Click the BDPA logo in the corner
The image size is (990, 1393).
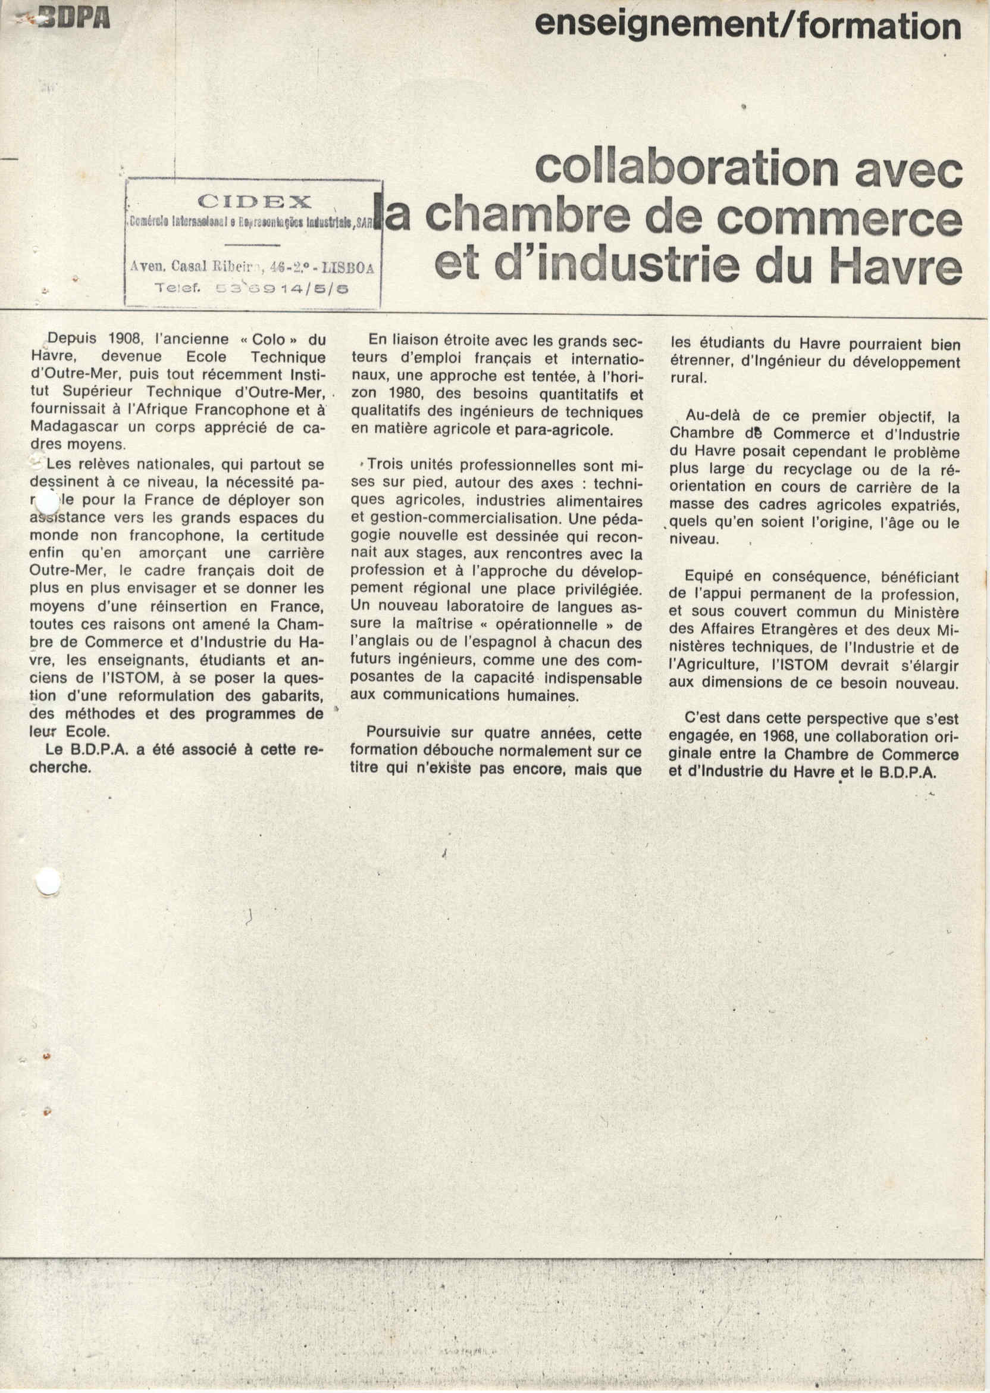pyautogui.click(x=74, y=20)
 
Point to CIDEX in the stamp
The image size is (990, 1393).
pyautogui.click(x=254, y=202)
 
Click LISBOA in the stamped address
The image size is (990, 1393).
pyautogui.click(x=347, y=267)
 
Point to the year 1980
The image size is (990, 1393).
pyautogui.click(x=408, y=394)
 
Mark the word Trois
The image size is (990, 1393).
pyautogui.click(x=386, y=465)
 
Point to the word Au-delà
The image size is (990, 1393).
pyautogui.click(x=712, y=416)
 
